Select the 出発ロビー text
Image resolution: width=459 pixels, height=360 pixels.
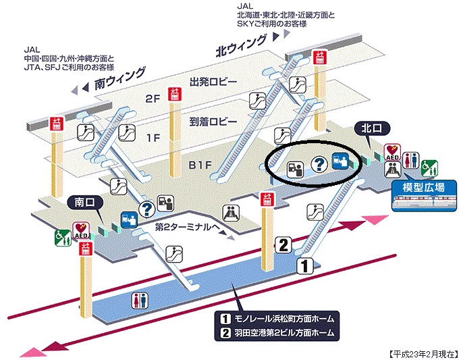coord(213,82)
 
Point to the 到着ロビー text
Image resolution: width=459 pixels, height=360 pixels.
coord(213,122)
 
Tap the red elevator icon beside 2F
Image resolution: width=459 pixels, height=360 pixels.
coord(175,94)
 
